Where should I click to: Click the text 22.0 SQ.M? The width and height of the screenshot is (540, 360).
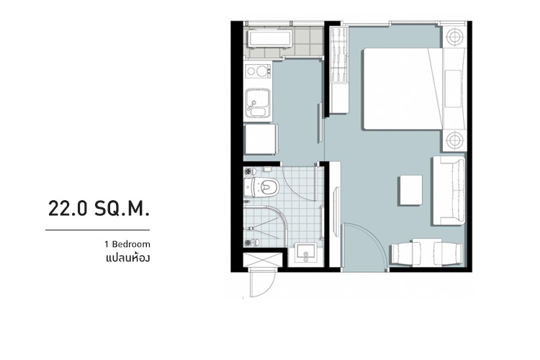[99, 208]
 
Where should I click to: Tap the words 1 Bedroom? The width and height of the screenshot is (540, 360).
[127, 244]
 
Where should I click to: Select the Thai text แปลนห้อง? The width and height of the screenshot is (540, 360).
[127, 258]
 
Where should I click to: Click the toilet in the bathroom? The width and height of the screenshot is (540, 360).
[262, 187]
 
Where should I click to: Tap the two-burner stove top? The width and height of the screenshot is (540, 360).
[258, 71]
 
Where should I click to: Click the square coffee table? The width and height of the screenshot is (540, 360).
[411, 190]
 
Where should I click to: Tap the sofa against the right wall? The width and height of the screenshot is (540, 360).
[449, 191]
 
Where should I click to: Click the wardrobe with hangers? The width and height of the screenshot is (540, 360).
[339, 71]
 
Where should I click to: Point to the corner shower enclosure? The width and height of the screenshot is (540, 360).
[266, 227]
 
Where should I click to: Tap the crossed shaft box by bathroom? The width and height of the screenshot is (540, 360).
[263, 260]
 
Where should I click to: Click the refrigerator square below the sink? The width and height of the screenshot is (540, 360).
[261, 140]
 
